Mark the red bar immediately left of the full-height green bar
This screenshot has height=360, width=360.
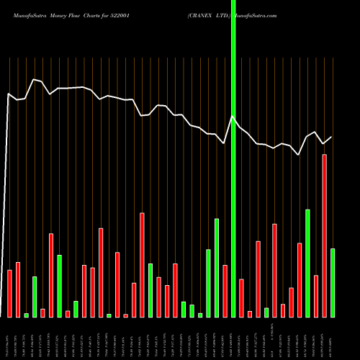click(x=225, y=291)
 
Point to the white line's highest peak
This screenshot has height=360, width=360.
click(x=34, y=79)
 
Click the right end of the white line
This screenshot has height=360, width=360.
click(x=332, y=137)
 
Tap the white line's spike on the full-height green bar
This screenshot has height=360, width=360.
click(x=233, y=117)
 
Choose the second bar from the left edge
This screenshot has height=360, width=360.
click(x=18, y=289)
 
